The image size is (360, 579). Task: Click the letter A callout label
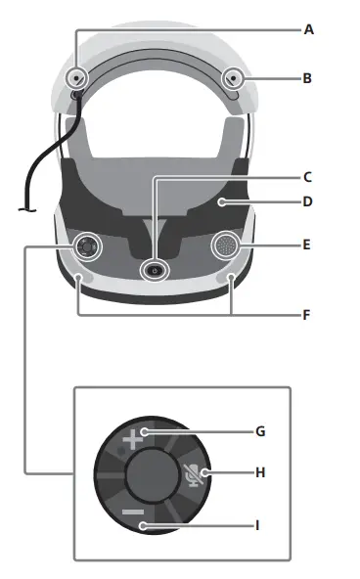point(308,29)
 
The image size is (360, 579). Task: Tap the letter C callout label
point(307,177)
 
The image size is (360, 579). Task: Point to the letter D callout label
point(307,203)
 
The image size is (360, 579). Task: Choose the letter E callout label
point(307,245)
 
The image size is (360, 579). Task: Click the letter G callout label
point(259,430)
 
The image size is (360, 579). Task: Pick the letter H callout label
point(260,473)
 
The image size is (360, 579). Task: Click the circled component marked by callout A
point(75,78)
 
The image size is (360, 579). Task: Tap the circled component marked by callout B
point(233,78)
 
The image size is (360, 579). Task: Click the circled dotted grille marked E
point(226,245)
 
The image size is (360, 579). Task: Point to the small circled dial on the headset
point(87,246)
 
